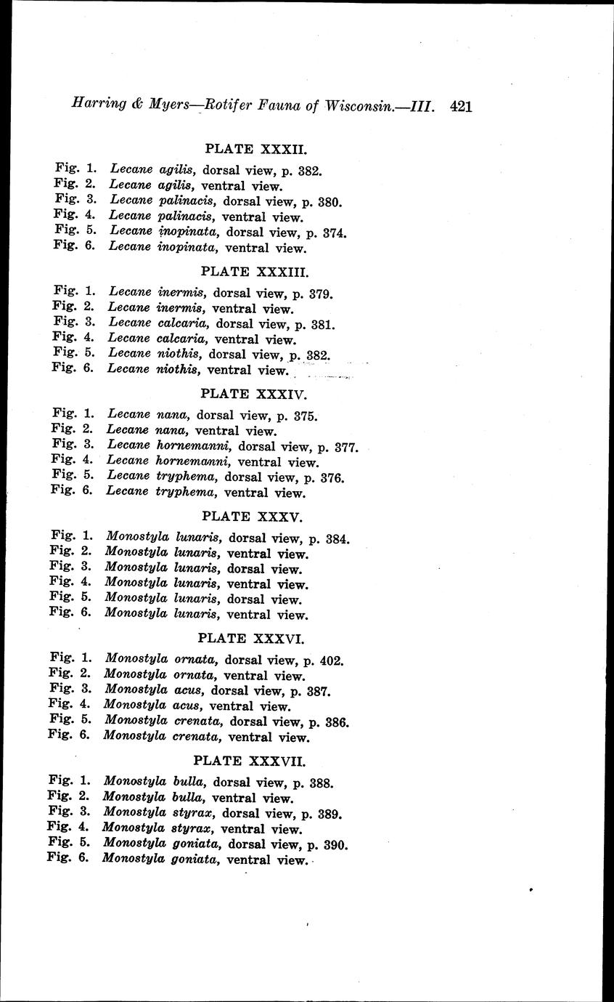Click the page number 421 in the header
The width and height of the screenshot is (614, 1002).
(x=461, y=106)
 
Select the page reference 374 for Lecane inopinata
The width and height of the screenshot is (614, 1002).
(x=335, y=233)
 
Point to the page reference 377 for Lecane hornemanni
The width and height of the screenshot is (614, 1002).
(x=346, y=447)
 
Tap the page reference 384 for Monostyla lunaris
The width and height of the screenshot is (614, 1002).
(x=338, y=539)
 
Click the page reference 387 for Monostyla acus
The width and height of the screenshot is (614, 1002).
(x=319, y=692)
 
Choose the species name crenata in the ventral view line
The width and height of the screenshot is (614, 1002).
(x=198, y=737)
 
